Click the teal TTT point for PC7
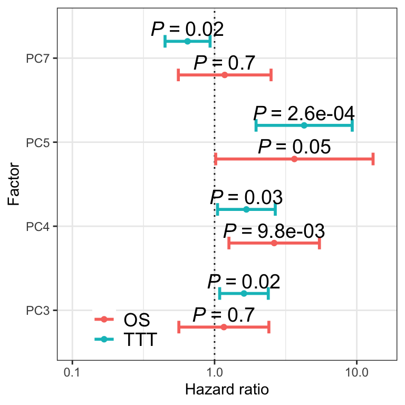188,41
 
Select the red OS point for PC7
225,75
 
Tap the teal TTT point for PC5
304,125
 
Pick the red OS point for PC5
294,159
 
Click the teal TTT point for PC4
246,209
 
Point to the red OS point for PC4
274,243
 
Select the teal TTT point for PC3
244,293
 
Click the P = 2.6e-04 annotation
304,113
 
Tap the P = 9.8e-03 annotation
274,231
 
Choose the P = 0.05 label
294,147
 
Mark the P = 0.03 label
246,198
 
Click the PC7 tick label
37,58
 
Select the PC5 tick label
37,142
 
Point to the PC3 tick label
37,310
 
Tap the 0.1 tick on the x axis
72,372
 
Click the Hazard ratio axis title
227,390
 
